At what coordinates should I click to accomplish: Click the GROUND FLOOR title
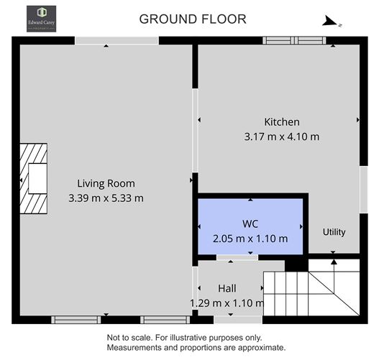pos(192,19)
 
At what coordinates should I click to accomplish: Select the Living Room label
pos(106,183)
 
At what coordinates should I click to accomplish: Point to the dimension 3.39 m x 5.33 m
pos(106,198)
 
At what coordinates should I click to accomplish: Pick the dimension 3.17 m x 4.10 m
pos(281,135)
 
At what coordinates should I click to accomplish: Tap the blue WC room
pos(250,225)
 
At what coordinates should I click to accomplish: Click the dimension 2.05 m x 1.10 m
pos(250,239)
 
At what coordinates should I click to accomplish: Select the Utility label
pos(334,232)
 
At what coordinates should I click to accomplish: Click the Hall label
pos(227,289)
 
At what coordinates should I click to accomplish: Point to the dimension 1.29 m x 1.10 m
pos(227,303)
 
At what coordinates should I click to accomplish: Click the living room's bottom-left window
pos(74,319)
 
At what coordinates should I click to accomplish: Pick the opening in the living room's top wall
pos(117,41)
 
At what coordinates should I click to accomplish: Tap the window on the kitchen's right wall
pos(363,189)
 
